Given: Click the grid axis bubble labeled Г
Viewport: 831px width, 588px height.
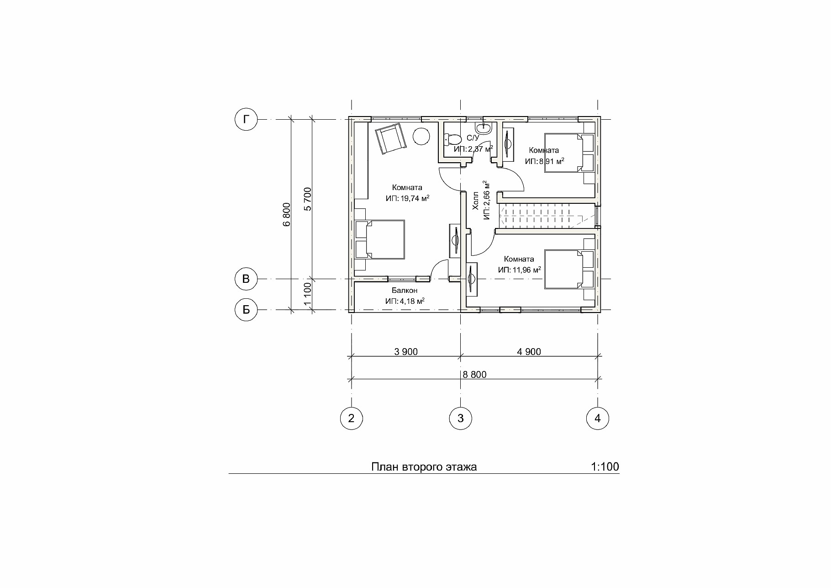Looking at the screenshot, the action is point(246,120).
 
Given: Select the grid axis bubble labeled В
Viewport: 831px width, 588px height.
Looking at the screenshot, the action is point(246,279).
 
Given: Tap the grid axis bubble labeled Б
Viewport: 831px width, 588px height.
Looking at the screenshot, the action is point(246,310).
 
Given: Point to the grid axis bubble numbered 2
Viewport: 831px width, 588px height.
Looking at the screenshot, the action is point(351,418).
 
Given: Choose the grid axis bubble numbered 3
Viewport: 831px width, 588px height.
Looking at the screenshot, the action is point(460,418).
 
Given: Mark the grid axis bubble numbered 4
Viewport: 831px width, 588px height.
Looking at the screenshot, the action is point(598,418).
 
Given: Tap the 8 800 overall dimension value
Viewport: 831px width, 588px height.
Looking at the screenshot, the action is point(474,375).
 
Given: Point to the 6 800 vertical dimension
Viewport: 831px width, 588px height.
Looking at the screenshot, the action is point(286,214).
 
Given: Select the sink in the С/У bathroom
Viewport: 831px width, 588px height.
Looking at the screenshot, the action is point(484,128).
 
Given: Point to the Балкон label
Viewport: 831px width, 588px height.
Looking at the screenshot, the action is point(405,291).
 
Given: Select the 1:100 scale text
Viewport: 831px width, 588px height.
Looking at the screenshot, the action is point(605,467).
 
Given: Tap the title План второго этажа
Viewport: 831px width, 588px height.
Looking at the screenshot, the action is point(424,467).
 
